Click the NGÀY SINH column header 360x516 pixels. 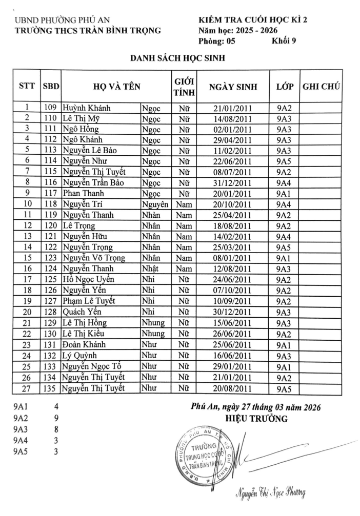click(x=233, y=87)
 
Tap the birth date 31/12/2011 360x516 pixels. click(x=233, y=182)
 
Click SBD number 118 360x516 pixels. click(x=50, y=204)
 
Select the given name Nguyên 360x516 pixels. click(x=154, y=204)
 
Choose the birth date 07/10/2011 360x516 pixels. click(x=233, y=290)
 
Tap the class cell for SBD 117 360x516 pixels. click(x=284, y=193)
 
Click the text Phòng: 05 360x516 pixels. click(x=217, y=42)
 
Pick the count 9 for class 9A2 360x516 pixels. click(x=55, y=418)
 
